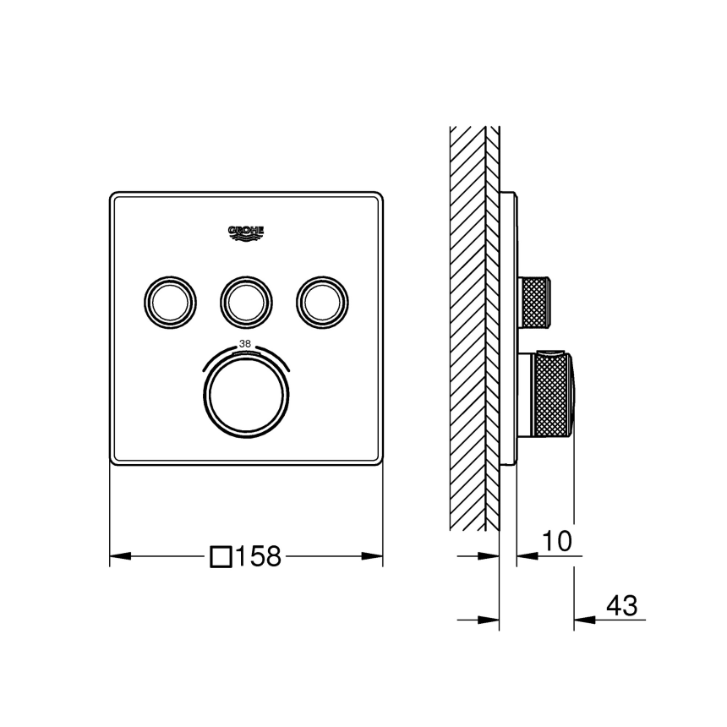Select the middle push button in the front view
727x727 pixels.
pos(246,298)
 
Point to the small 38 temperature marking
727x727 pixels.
pos(246,344)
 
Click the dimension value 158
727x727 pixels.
pos(258,556)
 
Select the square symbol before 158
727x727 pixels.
pos(221,556)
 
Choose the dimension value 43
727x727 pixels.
pos(621,605)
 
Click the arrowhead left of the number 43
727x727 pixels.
pos(584,620)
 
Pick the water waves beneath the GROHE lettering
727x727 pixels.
pos(246,239)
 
